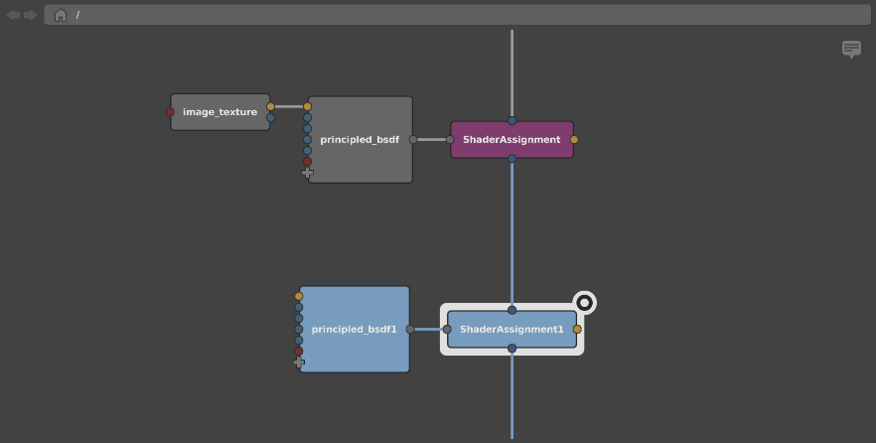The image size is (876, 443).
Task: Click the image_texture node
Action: (x=220, y=112)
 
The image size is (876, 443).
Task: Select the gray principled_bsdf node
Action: (x=361, y=140)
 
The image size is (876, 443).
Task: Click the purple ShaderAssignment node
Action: (x=511, y=140)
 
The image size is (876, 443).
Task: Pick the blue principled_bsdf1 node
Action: (x=355, y=329)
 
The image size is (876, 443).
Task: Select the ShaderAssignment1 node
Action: (x=511, y=330)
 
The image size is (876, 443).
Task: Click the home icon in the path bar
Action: (x=61, y=15)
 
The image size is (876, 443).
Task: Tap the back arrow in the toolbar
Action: (x=13, y=15)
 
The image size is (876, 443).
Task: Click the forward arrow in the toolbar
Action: (x=30, y=15)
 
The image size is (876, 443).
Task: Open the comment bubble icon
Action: (x=851, y=49)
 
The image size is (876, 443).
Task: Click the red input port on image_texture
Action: (x=170, y=112)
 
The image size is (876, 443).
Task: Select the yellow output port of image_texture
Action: (x=270, y=106)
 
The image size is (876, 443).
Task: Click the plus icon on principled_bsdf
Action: (x=307, y=173)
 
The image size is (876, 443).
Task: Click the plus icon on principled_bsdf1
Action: (x=299, y=363)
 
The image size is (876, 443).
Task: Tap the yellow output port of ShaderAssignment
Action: (x=574, y=140)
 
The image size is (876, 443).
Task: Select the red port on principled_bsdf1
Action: (x=298, y=352)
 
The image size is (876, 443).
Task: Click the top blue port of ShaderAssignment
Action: (x=511, y=120)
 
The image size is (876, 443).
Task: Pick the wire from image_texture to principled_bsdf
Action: (x=289, y=106)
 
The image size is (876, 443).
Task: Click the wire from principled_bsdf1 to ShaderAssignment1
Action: (x=428, y=330)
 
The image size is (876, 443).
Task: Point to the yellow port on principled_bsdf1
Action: (x=298, y=296)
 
